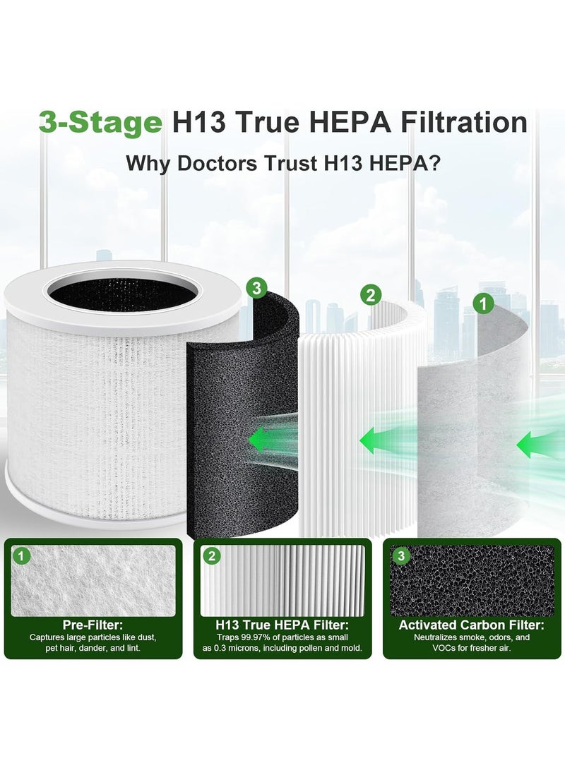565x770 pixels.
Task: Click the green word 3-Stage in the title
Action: [x=100, y=122]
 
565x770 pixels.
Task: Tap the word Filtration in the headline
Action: [x=456, y=122]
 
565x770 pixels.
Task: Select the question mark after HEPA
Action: [x=436, y=163]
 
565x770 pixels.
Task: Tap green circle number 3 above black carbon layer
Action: [x=255, y=288]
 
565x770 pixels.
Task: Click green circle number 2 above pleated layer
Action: [x=370, y=295]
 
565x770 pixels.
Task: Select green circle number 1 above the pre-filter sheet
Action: [x=482, y=305]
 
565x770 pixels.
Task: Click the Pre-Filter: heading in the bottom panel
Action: [x=93, y=625]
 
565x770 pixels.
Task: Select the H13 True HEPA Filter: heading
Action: [x=282, y=625]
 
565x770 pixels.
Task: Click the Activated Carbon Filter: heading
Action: [x=471, y=625]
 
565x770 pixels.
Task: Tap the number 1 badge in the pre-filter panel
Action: [x=23, y=557]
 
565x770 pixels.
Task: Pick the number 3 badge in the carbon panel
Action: [x=401, y=557]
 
